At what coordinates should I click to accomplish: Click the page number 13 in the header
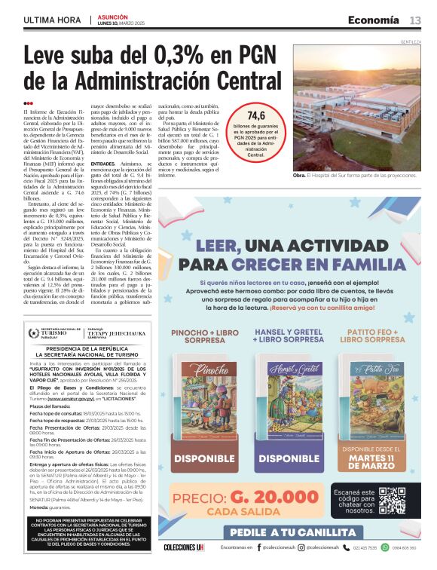[x=415, y=20]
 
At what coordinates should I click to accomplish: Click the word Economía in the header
[x=373, y=20]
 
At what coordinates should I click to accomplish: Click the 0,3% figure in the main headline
[x=173, y=59]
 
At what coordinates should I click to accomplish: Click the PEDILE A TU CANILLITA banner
[x=293, y=533]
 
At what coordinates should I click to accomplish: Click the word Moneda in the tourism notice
[x=42, y=507]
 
